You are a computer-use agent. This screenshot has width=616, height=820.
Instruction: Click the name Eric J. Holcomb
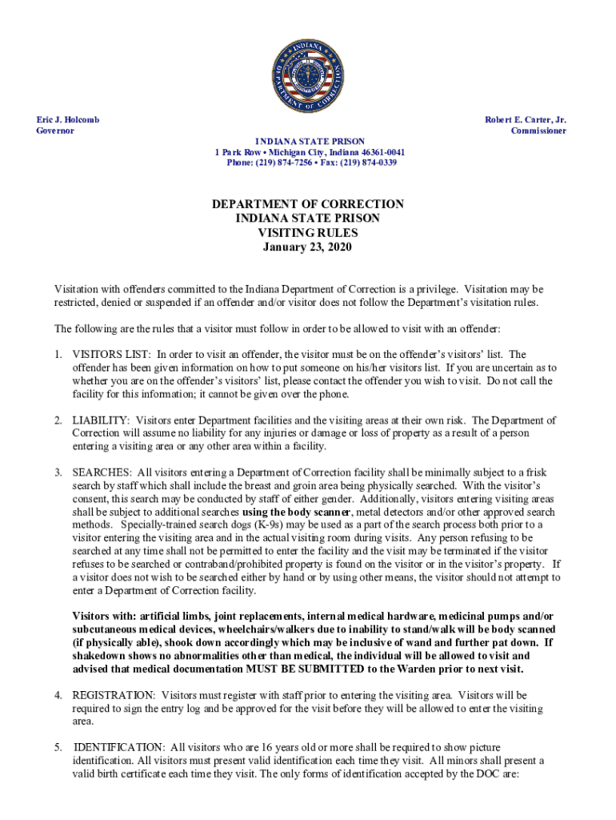68,119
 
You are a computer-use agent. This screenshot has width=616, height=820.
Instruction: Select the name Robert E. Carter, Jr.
526,119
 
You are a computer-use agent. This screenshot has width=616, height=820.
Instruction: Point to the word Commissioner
538,131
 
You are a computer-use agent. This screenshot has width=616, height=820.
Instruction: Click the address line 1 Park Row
238,152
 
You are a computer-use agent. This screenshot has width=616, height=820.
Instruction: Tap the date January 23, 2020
308,247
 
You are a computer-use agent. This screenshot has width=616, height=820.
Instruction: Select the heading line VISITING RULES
308,233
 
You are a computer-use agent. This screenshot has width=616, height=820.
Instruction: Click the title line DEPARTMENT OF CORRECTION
308,204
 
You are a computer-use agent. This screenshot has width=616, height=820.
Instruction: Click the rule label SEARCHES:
101,472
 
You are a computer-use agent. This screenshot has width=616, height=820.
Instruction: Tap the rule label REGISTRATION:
114,695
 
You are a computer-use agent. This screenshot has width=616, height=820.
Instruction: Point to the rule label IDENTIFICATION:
118,747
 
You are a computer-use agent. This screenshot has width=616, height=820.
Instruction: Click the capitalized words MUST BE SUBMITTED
302,669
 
